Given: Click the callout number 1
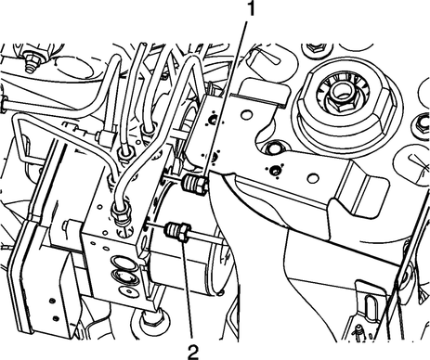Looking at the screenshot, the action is [x=251, y=8].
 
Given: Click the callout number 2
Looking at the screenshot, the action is [x=193, y=352].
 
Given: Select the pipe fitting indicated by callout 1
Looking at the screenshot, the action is [x=194, y=184].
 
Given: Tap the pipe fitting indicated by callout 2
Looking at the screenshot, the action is [x=177, y=232].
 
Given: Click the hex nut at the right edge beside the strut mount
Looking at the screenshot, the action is [x=423, y=122].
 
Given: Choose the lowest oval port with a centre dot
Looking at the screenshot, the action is [x=127, y=290].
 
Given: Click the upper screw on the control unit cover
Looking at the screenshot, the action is [x=52, y=301].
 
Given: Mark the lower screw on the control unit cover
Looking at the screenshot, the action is [x=56, y=317].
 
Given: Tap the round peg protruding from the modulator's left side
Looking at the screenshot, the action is [x=69, y=225].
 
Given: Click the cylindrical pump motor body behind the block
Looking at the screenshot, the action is [x=189, y=235].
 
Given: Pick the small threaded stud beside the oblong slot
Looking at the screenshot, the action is [x=360, y=330].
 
